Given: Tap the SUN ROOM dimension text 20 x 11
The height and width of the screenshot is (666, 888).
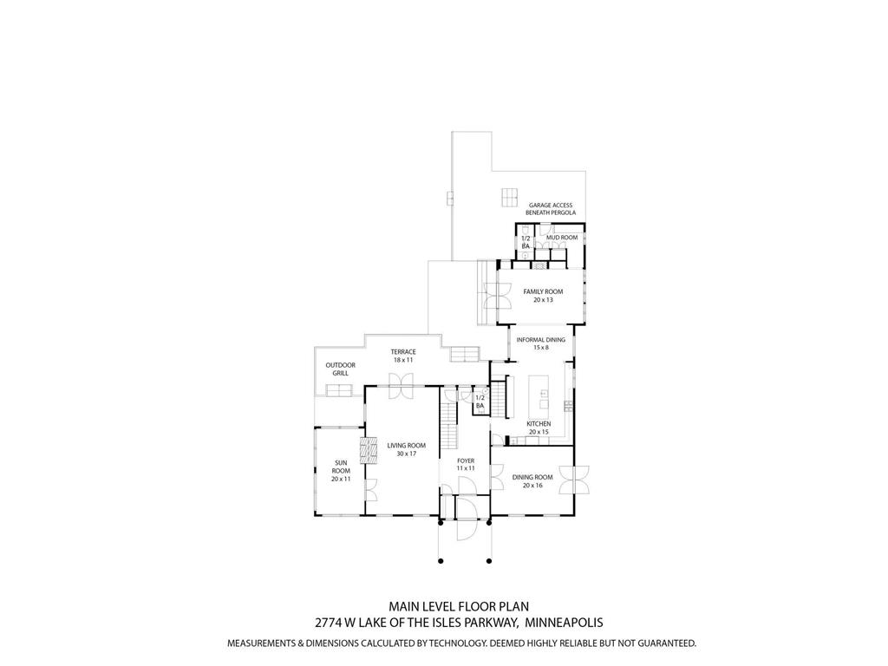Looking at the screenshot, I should pos(340,479).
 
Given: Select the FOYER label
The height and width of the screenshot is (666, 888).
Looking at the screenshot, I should pos(466,460).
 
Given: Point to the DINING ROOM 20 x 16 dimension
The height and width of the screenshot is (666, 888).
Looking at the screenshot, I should pos(532,486).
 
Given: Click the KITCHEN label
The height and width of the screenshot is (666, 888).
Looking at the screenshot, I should pos(539,423).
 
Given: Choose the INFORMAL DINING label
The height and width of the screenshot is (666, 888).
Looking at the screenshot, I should pos(540,340).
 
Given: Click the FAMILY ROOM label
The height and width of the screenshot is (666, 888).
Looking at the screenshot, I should pos(542,292).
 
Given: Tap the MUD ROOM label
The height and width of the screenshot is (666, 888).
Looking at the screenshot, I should pos(561,237).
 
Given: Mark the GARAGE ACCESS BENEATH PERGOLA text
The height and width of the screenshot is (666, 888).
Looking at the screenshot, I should pos(550,209).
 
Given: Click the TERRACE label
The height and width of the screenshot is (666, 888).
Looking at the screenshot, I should pos(403,351).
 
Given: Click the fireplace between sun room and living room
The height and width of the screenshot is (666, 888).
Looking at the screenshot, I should pos(369,451).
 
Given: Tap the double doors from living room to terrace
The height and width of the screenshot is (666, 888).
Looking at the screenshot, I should pos(402,385).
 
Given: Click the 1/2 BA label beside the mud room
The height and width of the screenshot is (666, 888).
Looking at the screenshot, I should pos(526,242).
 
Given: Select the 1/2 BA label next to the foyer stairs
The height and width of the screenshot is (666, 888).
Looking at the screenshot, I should pos(480,401).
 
